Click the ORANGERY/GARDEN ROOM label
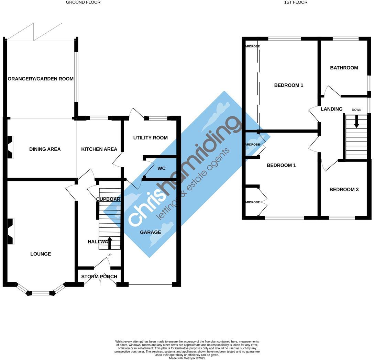tap(41, 79)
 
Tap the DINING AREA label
tap(45, 149)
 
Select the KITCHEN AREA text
tap(99, 149)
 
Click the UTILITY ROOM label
tap(150, 138)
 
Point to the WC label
tap(162, 169)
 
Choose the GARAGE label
tap(150, 232)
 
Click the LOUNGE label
tap(41, 254)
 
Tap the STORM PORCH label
tap(99, 277)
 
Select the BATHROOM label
tap(344, 68)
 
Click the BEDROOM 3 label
tap(344, 189)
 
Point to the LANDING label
tap(331, 109)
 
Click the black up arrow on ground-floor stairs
tap(110, 243)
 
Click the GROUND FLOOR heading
tap(83, 2)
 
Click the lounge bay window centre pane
tap(41, 293)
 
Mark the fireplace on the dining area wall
tap(10, 147)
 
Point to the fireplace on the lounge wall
tap(10, 232)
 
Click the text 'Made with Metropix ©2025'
tap(187, 358)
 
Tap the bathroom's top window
tap(345, 39)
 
